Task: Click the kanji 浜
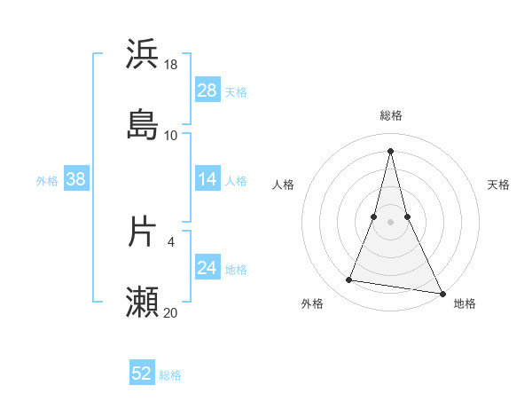[x=143, y=54]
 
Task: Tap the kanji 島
[x=143, y=124]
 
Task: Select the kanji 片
[x=143, y=232]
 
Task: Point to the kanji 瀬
[x=143, y=303]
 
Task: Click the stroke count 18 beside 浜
[x=171, y=65]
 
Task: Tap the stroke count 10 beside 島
[x=171, y=136]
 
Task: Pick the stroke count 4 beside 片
[x=171, y=241]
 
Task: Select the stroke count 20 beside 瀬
[x=171, y=312]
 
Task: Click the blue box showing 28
[x=207, y=90]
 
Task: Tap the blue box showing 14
[x=207, y=179]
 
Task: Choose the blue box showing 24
[x=207, y=268]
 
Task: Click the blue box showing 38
[x=76, y=179]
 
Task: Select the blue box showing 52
[x=142, y=374]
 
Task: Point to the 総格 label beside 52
[x=170, y=375]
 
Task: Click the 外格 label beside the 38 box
[x=47, y=181]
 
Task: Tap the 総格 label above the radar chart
[x=391, y=115]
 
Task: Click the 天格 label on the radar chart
[x=499, y=185]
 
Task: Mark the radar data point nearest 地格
[x=442, y=293]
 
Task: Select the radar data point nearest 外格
[x=349, y=280]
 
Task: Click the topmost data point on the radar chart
[x=391, y=150]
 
